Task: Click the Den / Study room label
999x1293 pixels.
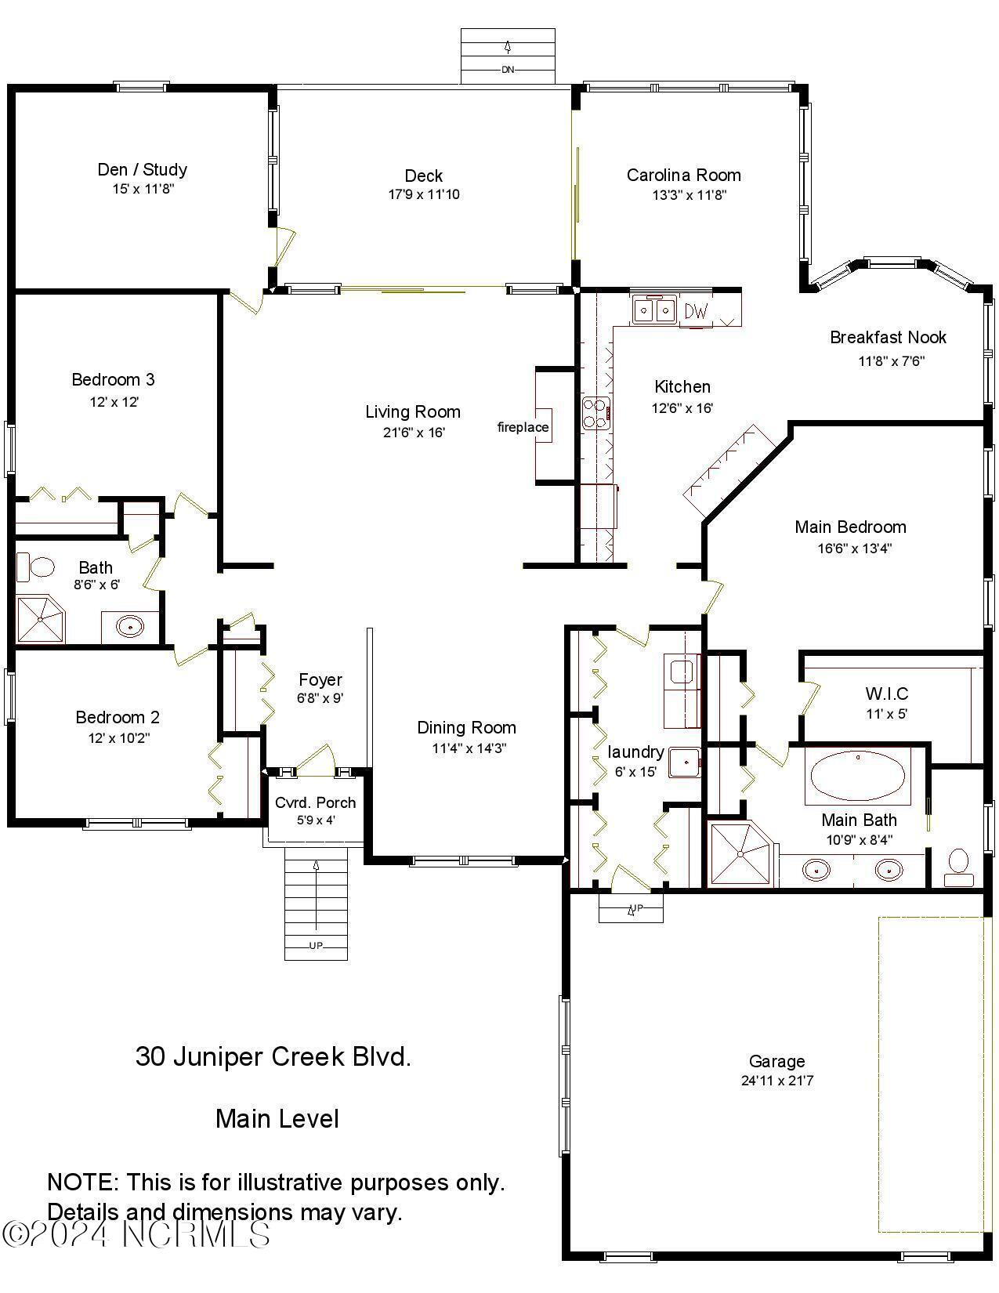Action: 142,169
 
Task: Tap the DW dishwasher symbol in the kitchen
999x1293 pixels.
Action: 695,311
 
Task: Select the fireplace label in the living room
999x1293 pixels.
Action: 523,427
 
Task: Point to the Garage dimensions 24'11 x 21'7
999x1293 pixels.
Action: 776,1081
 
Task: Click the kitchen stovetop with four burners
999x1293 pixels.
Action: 596,413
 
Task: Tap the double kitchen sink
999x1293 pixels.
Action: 654,310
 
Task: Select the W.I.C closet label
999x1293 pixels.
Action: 886,694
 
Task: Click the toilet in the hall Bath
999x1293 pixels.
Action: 35,567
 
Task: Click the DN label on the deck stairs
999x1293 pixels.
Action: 507,70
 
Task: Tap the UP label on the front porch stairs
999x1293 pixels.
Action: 315,946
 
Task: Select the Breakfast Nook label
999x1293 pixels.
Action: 888,337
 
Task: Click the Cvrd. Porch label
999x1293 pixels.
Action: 315,802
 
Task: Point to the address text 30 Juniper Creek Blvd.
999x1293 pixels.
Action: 273,1056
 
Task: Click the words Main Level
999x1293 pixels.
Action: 277,1118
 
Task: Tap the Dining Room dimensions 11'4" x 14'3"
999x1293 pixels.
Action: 469,748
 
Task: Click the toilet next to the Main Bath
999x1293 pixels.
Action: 958,864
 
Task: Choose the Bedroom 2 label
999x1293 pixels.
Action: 118,717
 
